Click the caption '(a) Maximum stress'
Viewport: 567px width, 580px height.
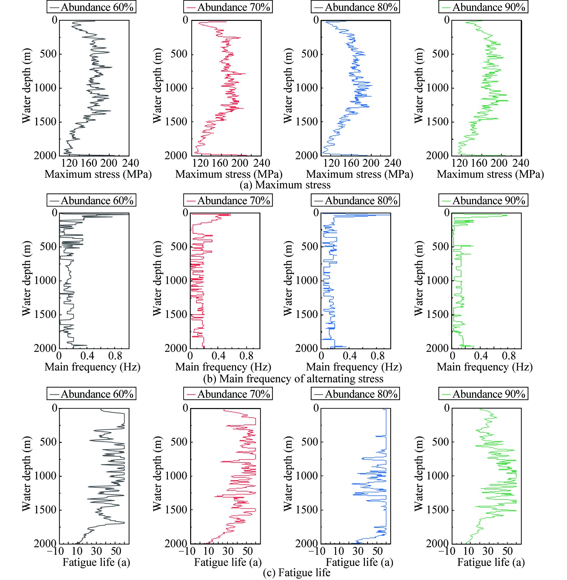(285, 185)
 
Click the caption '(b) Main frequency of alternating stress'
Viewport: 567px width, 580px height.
(293, 379)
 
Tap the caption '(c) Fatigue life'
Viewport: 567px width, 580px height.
(296, 572)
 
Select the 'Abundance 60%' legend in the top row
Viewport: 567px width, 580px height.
(91, 7)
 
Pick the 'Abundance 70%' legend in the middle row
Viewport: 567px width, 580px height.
(228, 200)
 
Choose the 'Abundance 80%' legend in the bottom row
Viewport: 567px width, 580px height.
(355, 394)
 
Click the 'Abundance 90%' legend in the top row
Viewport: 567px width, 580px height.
(483, 7)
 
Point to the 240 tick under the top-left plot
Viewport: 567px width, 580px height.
(130, 163)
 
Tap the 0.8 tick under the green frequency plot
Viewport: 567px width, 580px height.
(509, 356)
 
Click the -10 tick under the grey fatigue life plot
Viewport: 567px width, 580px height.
(56, 551)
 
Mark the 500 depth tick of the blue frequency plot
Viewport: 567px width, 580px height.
(310, 246)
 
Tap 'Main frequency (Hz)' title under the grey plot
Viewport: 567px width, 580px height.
(93, 367)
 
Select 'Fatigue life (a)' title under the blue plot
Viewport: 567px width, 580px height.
(359, 562)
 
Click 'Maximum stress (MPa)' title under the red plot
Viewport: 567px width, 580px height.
(229, 174)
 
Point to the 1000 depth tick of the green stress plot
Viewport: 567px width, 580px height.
(437, 88)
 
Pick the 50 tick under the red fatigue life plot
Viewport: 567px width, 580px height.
(247, 551)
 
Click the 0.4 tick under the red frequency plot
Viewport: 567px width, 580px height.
(219, 356)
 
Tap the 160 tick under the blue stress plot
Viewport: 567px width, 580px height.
(351, 163)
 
